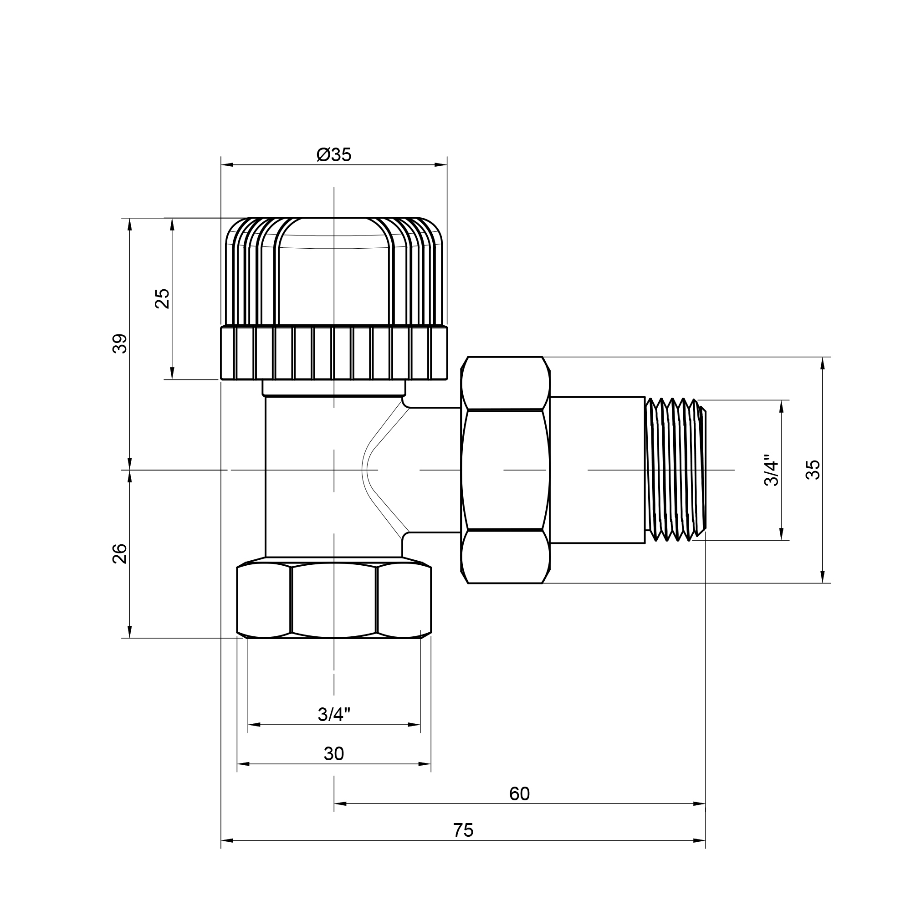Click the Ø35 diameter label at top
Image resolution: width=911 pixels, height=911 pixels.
[x=334, y=155]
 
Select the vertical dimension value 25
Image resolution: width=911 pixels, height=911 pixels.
[x=162, y=298]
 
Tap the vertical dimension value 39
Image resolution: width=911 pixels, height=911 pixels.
[x=120, y=344]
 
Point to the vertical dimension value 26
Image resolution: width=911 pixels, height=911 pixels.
[x=120, y=553]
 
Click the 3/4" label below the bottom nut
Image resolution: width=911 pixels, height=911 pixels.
[x=334, y=714]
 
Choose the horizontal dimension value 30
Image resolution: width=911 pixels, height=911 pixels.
[x=334, y=753]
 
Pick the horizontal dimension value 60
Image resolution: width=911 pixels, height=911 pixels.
[x=520, y=793]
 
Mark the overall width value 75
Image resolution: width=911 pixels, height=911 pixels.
[x=463, y=830]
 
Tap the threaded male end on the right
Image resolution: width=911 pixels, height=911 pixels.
[x=675, y=470]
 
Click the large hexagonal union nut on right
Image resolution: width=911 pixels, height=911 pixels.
[x=506, y=470]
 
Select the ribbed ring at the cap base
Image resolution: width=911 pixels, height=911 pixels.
[x=334, y=353]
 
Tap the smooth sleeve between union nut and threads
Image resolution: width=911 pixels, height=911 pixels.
[x=597, y=470]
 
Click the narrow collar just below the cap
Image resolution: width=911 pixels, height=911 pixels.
[x=334, y=388]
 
